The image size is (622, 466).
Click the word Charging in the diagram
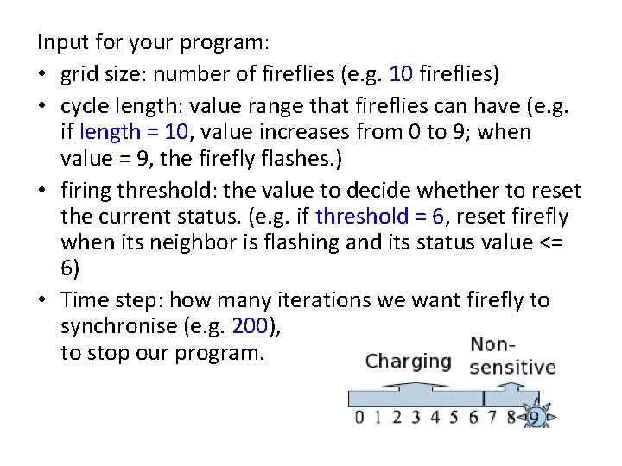coord(409,361)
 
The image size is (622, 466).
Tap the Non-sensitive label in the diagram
coord(512,356)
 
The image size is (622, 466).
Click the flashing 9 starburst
coord(534,418)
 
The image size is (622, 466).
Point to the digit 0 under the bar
coord(359,419)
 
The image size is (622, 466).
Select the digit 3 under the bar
coord(416,419)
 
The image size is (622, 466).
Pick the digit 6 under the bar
coord(473,419)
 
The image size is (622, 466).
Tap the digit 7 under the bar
coord(492,419)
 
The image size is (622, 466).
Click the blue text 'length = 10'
coord(131,132)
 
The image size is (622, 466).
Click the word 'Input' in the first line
coord(59,41)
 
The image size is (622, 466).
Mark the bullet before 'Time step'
coord(42,300)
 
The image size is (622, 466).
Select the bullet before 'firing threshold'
coord(42,189)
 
